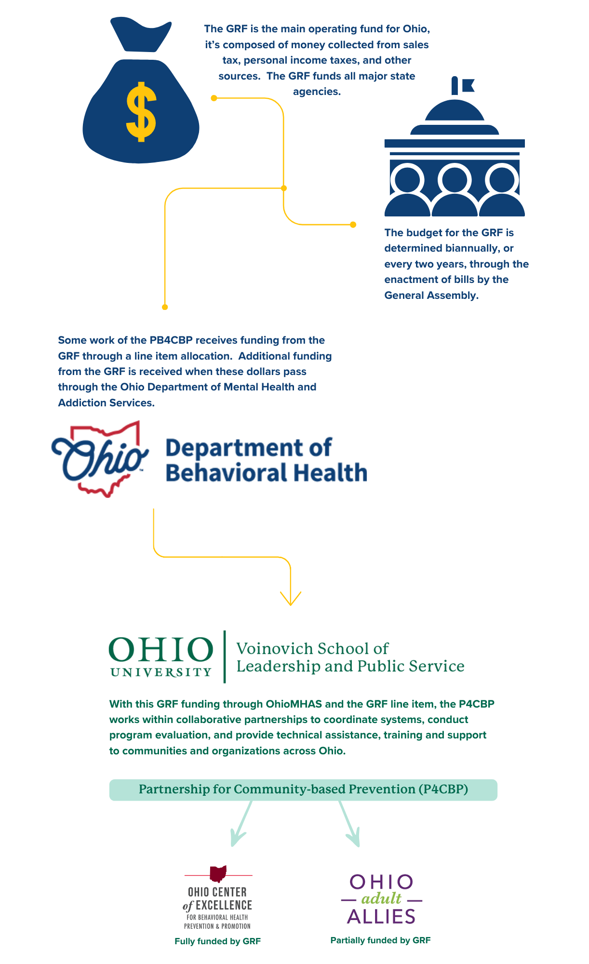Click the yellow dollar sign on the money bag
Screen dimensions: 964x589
pyautogui.click(x=141, y=112)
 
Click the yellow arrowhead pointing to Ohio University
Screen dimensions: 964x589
pyautogui.click(x=291, y=599)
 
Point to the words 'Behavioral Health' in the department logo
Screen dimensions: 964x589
pyautogui.click(x=266, y=473)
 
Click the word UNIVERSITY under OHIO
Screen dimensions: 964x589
pyautogui.click(x=161, y=672)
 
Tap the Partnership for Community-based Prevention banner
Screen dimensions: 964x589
pyautogui.click(x=303, y=790)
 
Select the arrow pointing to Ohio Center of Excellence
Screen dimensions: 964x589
pyautogui.click(x=240, y=824)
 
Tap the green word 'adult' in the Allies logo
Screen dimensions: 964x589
pyautogui.click(x=381, y=898)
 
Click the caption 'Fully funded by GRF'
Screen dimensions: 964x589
pyautogui.click(x=217, y=941)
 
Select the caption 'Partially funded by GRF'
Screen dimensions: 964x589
pyautogui.click(x=380, y=940)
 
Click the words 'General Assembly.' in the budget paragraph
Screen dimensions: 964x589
pyautogui.click(x=431, y=295)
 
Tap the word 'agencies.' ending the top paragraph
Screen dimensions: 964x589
pyautogui.click(x=317, y=92)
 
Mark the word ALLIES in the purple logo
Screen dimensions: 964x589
pyautogui.click(x=381, y=916)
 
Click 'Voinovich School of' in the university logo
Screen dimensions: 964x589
pyautogui.click(x=312, y=648)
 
